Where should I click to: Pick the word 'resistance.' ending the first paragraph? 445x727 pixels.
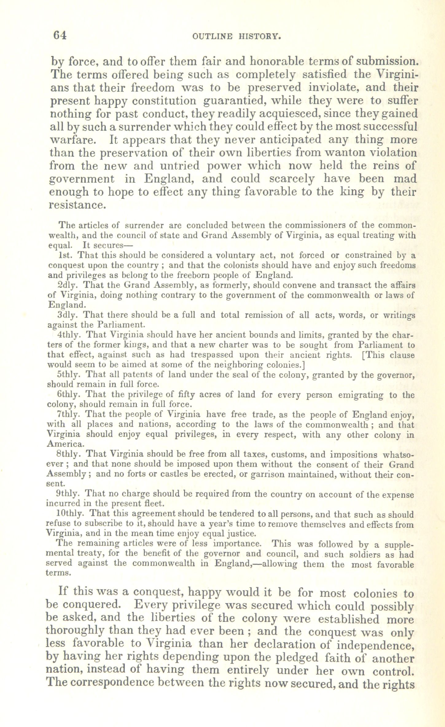click(x=77, y=204)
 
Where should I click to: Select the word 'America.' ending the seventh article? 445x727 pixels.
click(x=61, y=444)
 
